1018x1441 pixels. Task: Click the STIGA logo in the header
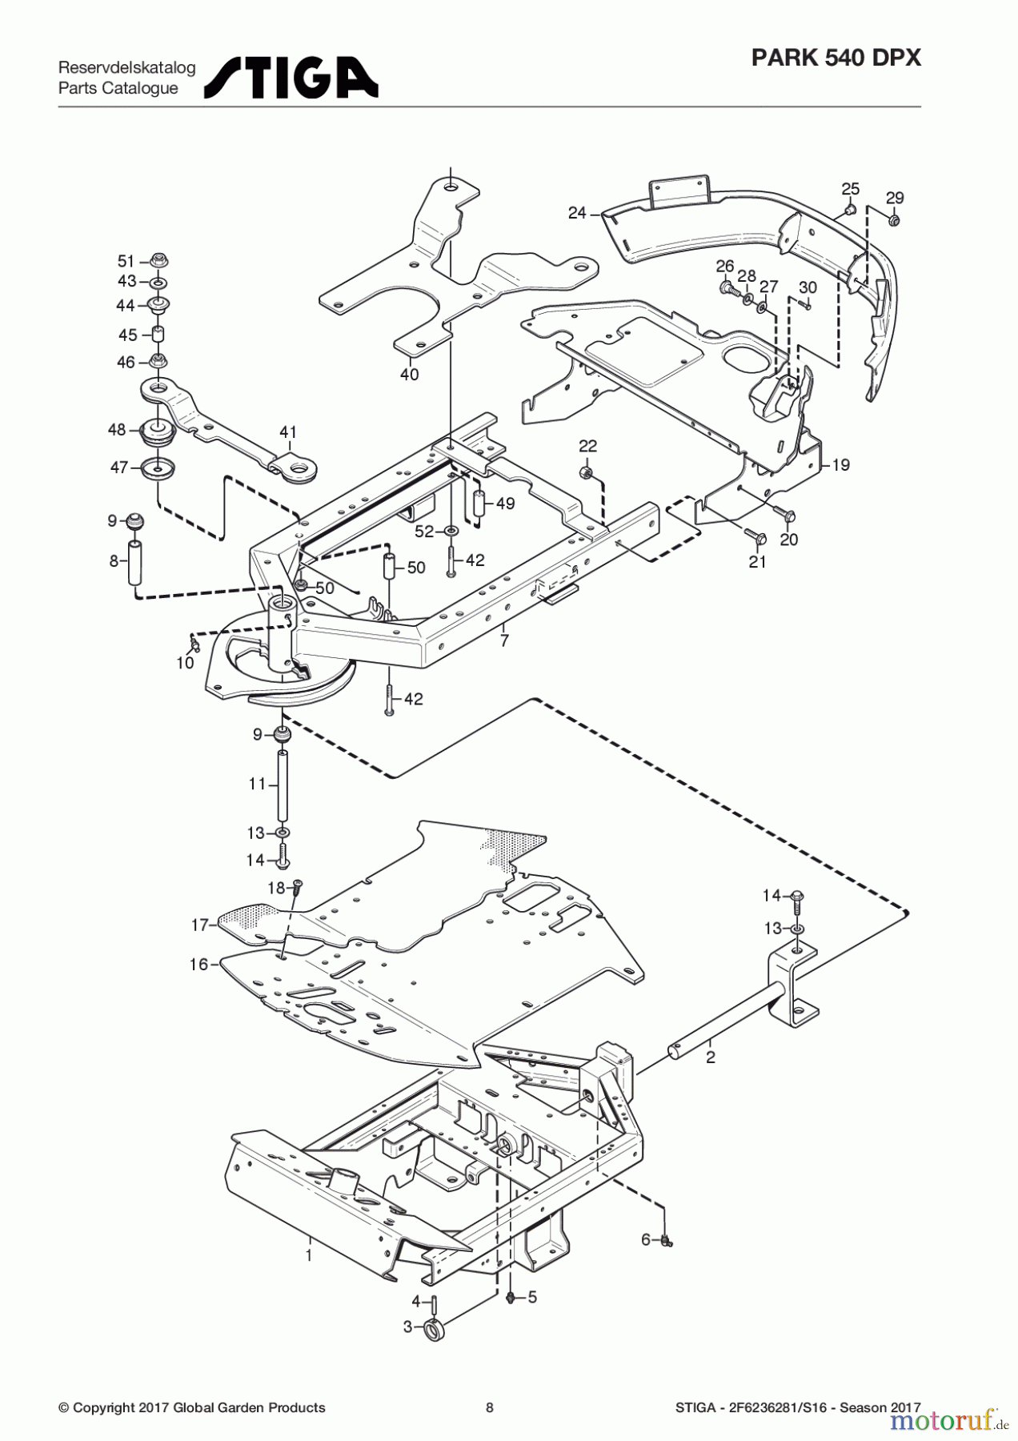click(291, 78)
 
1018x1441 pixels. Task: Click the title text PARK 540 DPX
click(836, 58)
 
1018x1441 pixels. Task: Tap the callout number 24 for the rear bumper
click(577, 213)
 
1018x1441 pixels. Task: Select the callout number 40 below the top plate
click(409, 374)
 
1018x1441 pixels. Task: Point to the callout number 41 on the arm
click(288, 432)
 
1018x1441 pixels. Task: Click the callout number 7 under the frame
click(504, 640)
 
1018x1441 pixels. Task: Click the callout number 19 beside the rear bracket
click(840, 464)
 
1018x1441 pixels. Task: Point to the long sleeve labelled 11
click(283, 784)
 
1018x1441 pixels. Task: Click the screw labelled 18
click(298, 885)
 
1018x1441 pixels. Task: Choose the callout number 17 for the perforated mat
click(199, 925)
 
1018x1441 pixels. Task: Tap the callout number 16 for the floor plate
click(198, 964)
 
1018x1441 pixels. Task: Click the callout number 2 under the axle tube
click(710, 1057)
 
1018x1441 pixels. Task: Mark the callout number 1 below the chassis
click(309, 1255)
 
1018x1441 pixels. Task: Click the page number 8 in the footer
click(490, 1407)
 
